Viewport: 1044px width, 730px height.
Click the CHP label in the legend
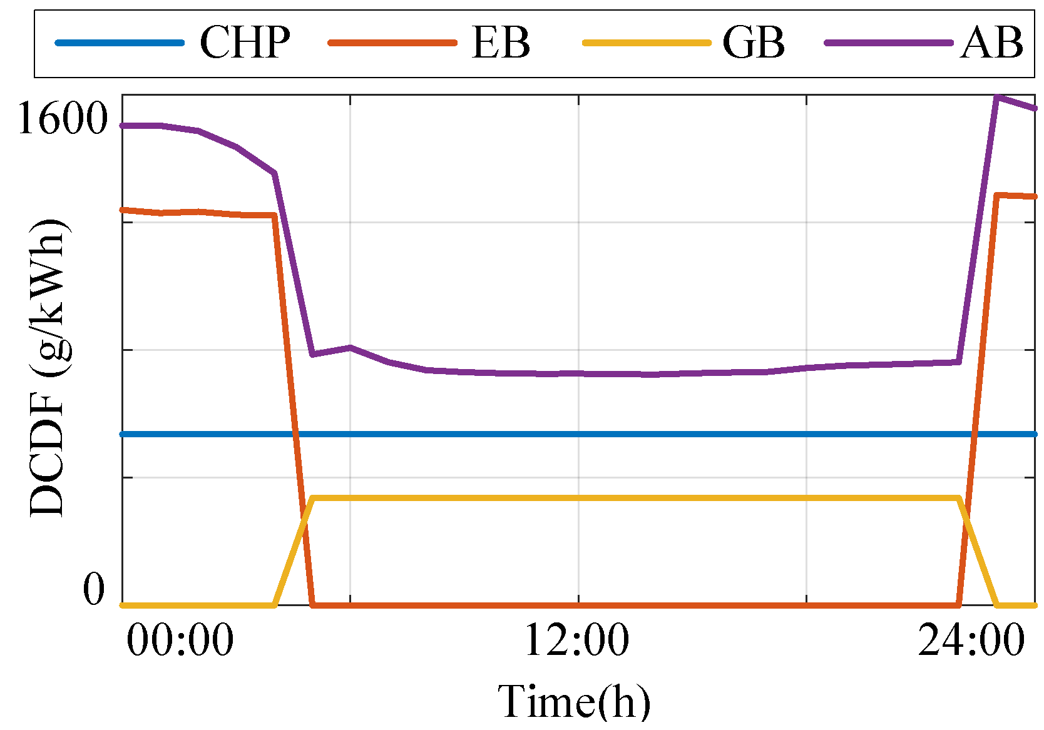[x=245, y=43]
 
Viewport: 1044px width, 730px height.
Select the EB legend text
[x=501, y=43]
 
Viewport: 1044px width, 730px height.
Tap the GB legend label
[x=754, y=43]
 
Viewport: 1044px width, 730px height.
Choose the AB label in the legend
[x=991, y=43]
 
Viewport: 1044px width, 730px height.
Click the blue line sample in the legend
[x=120, y=43]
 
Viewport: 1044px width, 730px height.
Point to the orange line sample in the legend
[x=393, y=43]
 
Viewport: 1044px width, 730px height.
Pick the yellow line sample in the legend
[x=647, y=43]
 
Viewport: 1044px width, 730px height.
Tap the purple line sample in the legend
[x=889, y=43]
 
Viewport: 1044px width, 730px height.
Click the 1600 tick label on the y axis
[x=63, y=118]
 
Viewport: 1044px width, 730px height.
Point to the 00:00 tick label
[x=180, y=640]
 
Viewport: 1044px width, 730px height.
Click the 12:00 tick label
[x=577, y=640]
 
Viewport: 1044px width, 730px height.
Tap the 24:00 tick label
[x=971, y=640]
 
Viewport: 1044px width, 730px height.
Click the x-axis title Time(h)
[x=574, y=701]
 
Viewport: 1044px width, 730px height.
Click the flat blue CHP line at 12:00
[x=578, y=433]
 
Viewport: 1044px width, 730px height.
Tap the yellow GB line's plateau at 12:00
[x=578, y=498]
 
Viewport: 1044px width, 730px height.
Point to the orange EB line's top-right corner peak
[x=997, y=195]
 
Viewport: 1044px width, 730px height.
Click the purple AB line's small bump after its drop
[x=351, y=347]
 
